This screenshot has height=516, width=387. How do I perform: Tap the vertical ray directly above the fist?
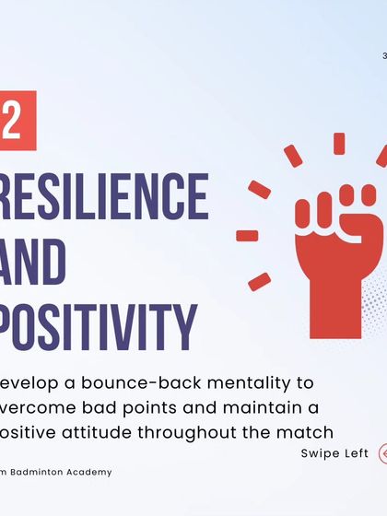click(339, 144)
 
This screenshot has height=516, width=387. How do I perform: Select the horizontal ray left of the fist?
click(247, 235)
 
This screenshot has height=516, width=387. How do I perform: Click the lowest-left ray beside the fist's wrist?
click(260, 281)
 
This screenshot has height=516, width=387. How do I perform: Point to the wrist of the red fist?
click(334, 286)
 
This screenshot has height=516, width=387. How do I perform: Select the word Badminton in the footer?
click(45, 472)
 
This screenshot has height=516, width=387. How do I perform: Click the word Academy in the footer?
click(94, 472)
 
